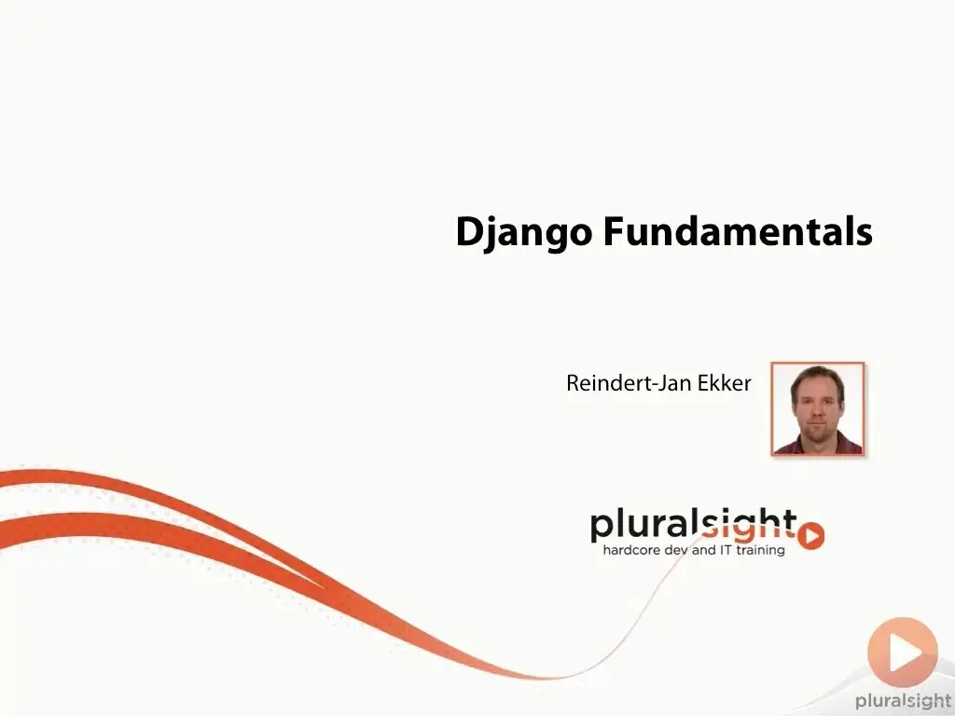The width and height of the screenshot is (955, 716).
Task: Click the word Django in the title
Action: click(x=524, y=232)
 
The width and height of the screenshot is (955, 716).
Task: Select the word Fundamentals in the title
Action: click(x=739, y=231)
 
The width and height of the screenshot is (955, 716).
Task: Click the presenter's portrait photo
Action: click(x=817, y=408)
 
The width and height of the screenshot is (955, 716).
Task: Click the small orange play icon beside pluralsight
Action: click(x=810, y=536)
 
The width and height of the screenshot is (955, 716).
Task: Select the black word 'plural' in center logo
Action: click(x=645, y=525)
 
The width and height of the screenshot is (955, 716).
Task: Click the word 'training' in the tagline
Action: click(x=761, y=551)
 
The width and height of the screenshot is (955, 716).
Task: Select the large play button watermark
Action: click(x=903, y=653)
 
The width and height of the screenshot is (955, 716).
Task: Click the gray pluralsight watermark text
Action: click(x=903, y=701)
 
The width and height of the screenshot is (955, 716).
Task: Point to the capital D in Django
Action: click(x=470, y=231)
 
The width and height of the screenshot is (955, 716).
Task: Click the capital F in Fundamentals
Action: click(x=614, y=231)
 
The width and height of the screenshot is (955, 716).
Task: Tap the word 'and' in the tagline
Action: click(x=704, y=550)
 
